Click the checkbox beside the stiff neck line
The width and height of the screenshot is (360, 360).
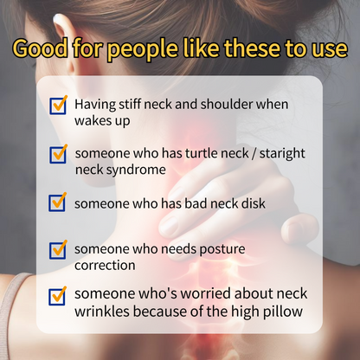[58, 106]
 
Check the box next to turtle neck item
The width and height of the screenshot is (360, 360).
[58, 154]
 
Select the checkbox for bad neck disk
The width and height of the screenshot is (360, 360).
[58, 202]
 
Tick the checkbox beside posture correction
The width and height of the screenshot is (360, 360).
[58, 249]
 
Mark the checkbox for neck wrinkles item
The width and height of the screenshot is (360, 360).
[58, 296]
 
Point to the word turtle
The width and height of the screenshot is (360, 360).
[183, 153]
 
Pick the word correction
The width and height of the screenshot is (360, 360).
[106, 266]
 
